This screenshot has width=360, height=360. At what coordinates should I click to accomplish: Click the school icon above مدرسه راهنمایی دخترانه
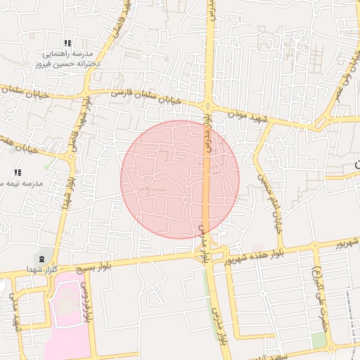(67, 43)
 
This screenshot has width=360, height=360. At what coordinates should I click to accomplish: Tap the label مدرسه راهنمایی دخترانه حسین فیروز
(69, 58)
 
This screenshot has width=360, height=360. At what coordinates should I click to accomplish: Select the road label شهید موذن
(249, 117)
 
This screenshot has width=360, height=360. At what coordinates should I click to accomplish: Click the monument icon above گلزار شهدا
(42, 259)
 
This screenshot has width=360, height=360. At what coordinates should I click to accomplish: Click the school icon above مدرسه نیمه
(18, 172)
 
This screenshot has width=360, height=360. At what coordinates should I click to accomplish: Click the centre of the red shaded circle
(180, 179)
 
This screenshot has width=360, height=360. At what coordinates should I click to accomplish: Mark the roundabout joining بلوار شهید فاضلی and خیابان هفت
(70, 157)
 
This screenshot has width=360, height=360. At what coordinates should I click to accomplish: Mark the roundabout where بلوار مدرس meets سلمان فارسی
(209, 108)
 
